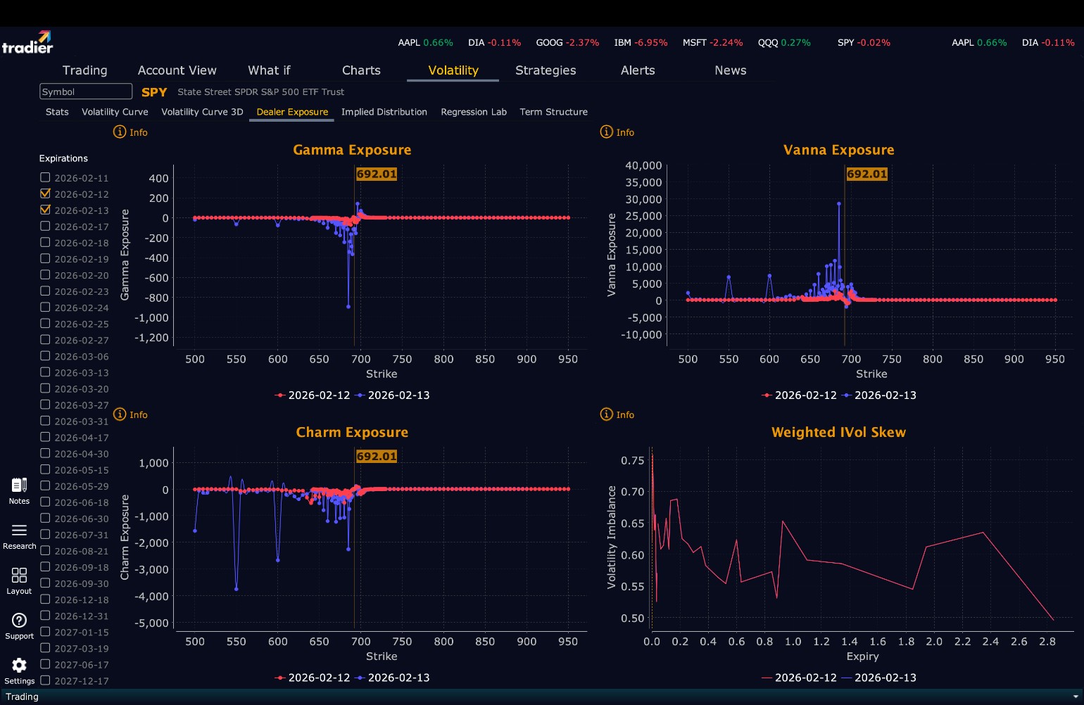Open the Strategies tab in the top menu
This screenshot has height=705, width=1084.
coord(546,70)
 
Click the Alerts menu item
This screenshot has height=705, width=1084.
coord(638,70)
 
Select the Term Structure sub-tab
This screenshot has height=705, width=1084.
coord(553,112)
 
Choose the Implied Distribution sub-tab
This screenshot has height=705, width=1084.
coord(384,112)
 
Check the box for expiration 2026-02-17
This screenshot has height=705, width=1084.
coord(46,227)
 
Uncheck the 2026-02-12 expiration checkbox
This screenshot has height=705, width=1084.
coord(46,194)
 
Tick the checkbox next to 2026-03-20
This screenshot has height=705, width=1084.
coord(46,388)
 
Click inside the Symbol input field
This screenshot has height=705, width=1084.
coord(86,91)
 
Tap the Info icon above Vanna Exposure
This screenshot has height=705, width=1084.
coord(607,132)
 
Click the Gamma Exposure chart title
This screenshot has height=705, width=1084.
coord(352,150)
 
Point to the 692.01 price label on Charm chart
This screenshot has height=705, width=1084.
coord(377,456)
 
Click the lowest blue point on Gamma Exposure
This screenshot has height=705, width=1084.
coord(348,307)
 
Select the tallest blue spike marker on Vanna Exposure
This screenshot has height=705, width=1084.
coord(839,204)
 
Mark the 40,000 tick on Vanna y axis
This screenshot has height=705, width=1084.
coord(643,165)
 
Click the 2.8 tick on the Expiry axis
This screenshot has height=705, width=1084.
coord(1047,642)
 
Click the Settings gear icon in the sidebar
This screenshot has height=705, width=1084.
coord(19,666)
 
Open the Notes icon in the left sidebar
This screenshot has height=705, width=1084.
coord(19,485)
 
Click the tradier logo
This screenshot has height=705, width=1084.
coord(27,43)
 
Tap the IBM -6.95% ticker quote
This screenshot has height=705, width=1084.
coord(641,43)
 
